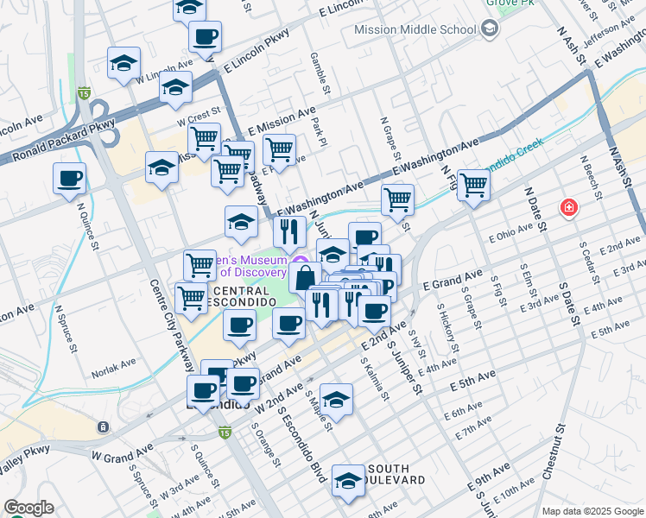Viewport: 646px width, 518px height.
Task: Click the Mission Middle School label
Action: click(415, 30)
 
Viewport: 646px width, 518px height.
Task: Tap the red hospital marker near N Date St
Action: click(568, 207)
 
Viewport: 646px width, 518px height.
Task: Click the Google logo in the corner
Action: click(28, 508)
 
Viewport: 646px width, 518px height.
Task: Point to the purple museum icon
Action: click(300, 263)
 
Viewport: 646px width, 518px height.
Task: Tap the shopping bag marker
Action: click(305, 278)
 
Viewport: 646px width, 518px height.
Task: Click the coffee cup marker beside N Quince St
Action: click(69, 179)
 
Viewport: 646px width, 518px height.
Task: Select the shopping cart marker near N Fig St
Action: click(473, 184)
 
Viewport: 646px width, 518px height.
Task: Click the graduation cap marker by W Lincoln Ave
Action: click(123, 63)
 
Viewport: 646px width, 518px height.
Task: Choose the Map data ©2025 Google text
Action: click(592, 510)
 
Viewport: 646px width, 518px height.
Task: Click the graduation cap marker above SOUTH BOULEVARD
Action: click(348, 481)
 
